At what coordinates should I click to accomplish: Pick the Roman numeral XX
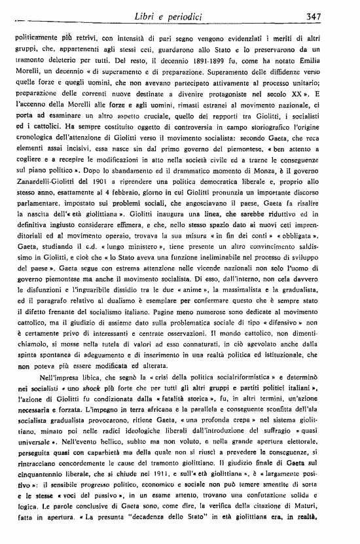coord(306,98)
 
